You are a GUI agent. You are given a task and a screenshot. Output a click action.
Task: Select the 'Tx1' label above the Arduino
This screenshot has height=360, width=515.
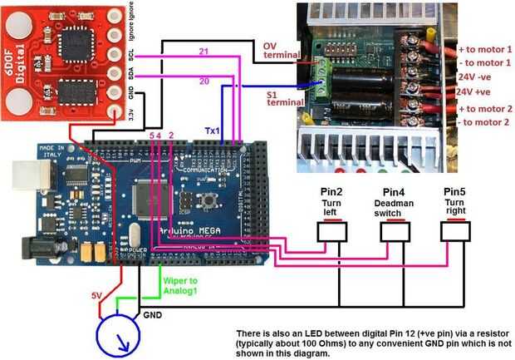pyautogui.click(x=213, y=131)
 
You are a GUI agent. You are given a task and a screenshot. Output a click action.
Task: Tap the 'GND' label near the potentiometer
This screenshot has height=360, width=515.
pyautogui.click(x=153, y=315)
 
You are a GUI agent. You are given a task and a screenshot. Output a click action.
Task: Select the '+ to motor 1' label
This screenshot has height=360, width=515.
pyautogui.click(x=486, y=49)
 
